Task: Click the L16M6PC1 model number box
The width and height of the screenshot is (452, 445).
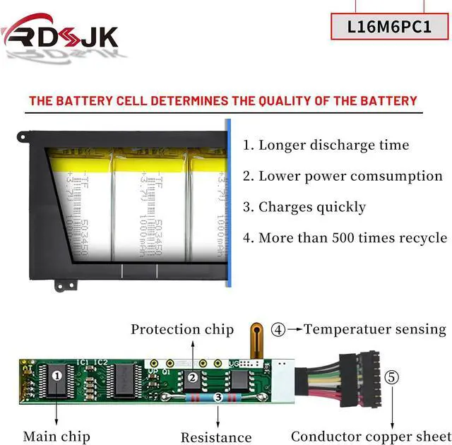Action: pos(390,27)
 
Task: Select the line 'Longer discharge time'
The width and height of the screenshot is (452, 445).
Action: pos(326,146)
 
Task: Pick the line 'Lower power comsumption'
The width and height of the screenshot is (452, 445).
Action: pos(343,177)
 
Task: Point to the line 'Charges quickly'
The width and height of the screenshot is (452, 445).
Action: pos(304,207)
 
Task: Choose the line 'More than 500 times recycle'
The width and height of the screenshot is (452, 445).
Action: pos(345,238)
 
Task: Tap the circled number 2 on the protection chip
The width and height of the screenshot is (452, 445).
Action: pos(192,377)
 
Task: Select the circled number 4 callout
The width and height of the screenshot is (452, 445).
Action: pos(279,329)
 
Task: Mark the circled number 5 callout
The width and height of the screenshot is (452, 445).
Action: pos(392,377)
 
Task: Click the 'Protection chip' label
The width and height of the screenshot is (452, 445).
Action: pos(182,330)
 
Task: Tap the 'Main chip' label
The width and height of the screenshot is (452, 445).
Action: pos(56,437)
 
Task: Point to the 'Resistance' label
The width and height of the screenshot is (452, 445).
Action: pos(216,438)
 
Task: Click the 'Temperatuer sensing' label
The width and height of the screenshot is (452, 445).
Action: pos(375,329)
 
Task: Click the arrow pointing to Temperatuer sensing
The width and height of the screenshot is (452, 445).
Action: pos(295,329)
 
